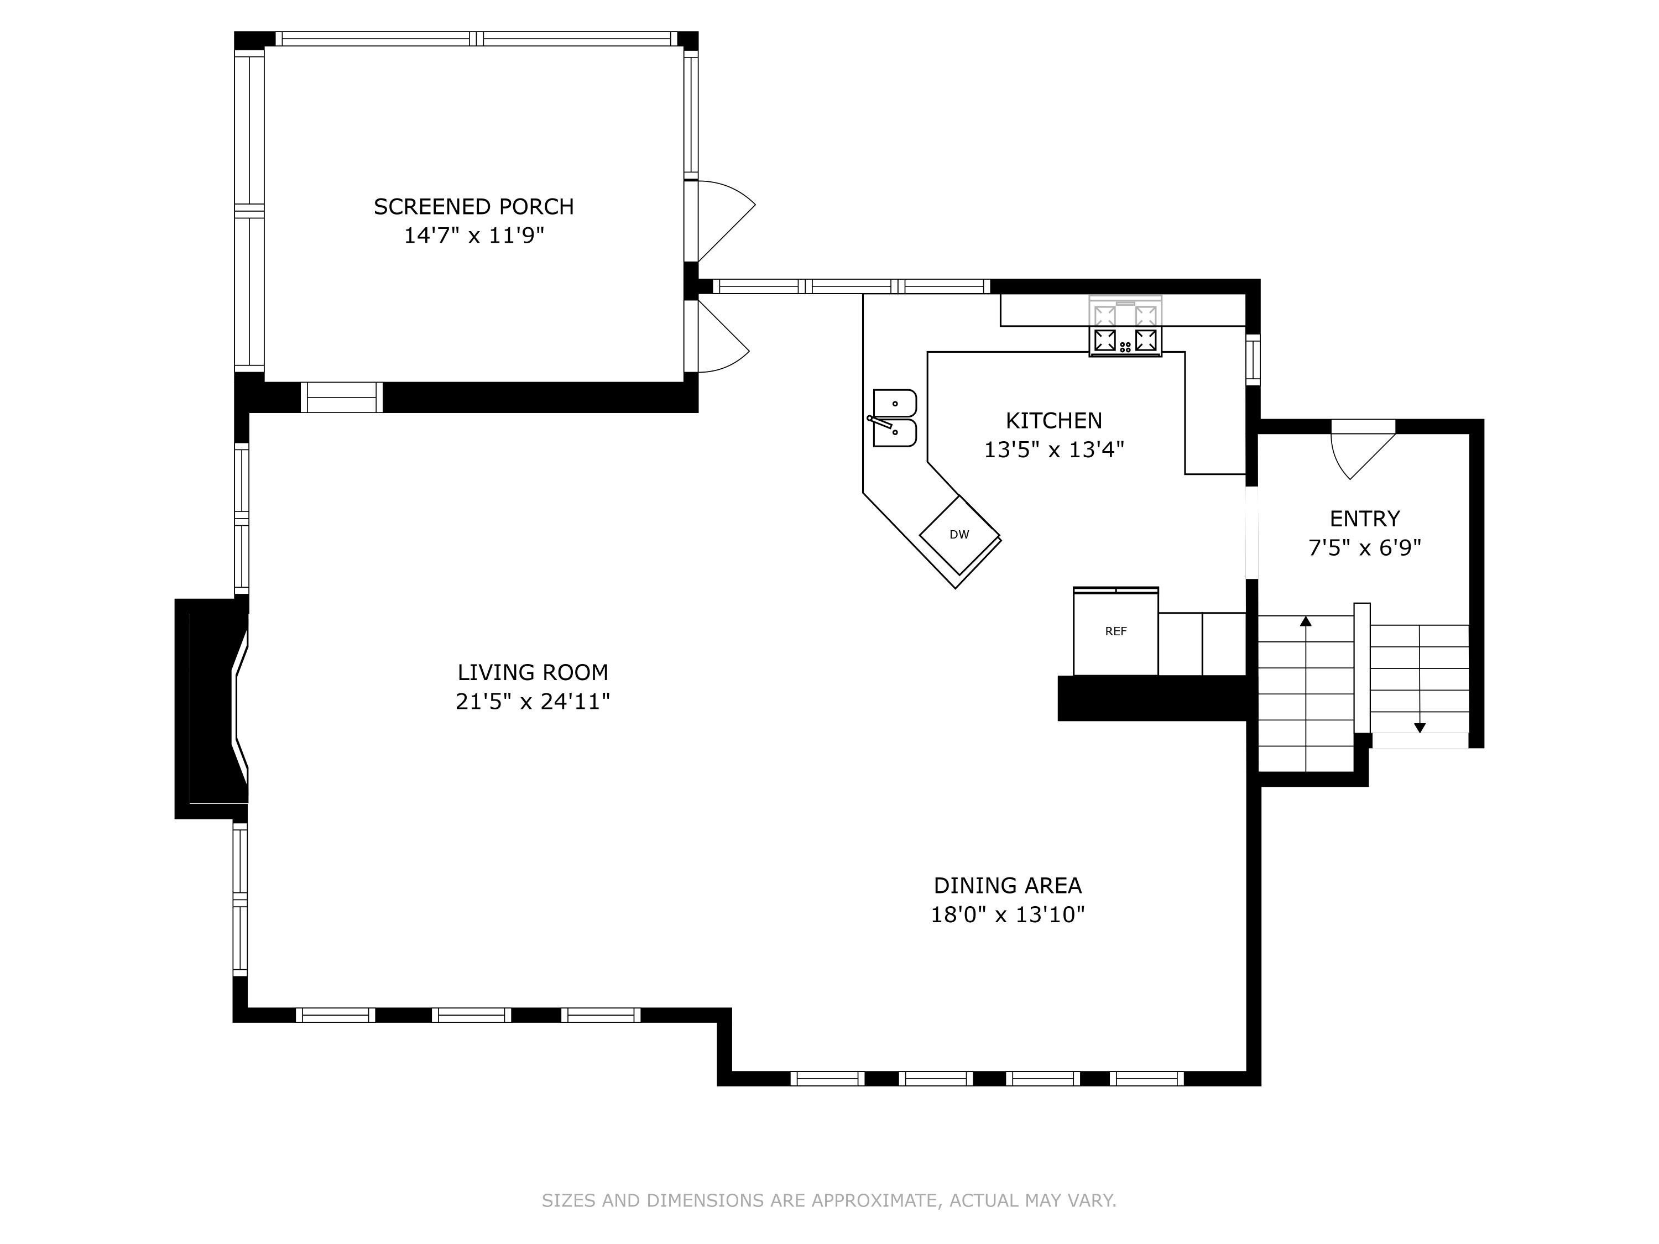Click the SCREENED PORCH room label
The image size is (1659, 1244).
(x=473, y=206)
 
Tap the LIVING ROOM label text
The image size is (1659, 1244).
(x=533, y=672)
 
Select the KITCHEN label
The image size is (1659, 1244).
(x=1054, y=420)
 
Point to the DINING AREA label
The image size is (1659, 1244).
(x=1007, y=886)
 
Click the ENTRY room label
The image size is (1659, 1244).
(x=1364, y=518)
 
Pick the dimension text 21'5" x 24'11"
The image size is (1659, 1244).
(x=533, y=701)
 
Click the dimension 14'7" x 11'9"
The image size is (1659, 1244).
(x=473, y=236)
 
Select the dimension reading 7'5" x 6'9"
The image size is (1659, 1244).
(x=1364, y=547)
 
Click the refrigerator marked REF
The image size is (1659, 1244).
(x=1116, y=631)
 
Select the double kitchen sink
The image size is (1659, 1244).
(x=894, y=419)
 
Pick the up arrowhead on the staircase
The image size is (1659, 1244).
(x=1306, y=621)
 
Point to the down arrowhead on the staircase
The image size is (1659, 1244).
(x=1420, y=728)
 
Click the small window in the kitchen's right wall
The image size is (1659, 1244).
(x=1253, y=360)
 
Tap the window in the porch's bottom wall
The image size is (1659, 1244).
(x=342, y=398)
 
